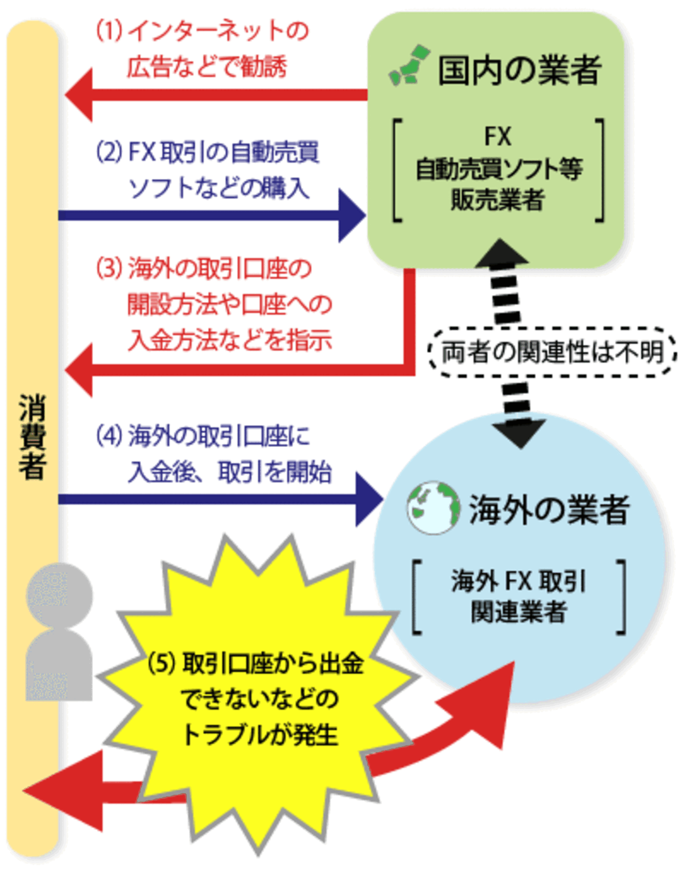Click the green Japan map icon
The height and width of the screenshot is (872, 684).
[x=409, y=66]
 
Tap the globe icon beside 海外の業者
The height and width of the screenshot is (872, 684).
[x=432, y=508]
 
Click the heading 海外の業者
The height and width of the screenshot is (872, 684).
[x=549, y=509]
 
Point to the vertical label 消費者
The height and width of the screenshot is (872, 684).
[x=33, y=437]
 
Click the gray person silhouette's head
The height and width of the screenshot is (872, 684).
[x=59, y=595]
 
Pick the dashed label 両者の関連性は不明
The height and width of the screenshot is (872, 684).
[x=552, y=352]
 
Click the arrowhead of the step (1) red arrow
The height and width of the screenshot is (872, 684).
[x=79, y=95]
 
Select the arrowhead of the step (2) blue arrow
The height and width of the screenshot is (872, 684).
[x=351, y=215]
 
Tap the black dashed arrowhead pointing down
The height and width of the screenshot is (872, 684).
[x=520, y=431]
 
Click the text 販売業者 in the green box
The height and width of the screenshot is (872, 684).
[x=498, y=200]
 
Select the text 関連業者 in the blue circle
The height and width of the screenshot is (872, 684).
[x=519, y=612]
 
